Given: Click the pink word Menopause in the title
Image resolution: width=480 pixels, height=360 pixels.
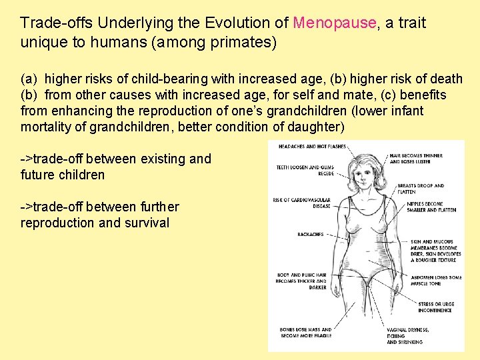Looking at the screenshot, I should click(x=334, y=23).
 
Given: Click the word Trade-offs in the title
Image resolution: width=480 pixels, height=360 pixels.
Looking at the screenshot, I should click(x=56, y=23).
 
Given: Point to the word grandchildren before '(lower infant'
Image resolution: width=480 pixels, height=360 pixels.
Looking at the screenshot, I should click(x=317, y=111).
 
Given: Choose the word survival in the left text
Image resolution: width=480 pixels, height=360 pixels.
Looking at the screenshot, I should click(x=147, y=223).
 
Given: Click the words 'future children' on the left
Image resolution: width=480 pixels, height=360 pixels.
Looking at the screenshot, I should click(x=63, y=175).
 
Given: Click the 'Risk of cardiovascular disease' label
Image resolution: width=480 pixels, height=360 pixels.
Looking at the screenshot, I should click(x=301, y=203).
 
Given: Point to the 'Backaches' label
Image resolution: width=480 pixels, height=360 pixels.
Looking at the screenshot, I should click(x=310, y=234).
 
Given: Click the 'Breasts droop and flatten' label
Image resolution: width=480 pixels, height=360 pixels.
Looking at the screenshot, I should click(x=420, y=189).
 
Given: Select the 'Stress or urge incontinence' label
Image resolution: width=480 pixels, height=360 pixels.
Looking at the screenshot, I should click(x=436, y=307).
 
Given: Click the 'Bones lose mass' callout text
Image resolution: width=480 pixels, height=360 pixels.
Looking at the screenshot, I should click(x=305, y=332).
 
